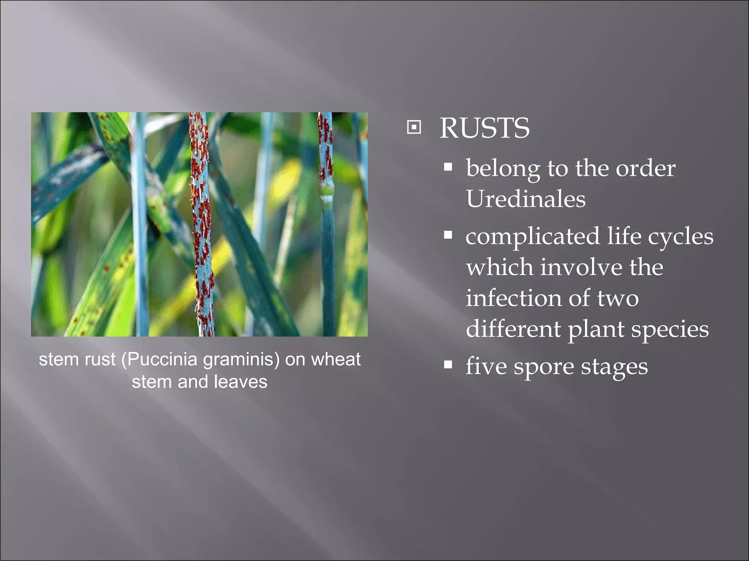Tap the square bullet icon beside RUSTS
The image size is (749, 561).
[x=414, y=127]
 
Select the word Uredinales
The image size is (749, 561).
[x=526, y=199]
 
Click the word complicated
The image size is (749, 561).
[x=532, y=237]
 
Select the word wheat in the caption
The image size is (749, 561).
[x=336, y=359]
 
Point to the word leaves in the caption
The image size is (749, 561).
[x=241, y=382]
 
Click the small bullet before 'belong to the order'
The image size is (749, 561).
[x=448, y=167]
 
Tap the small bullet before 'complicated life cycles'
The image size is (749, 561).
[x=448, y=234]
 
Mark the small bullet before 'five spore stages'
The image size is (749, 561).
[x=448, y=365]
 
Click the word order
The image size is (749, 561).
[x=646, y=168]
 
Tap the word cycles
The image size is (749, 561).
[x=681, y=237]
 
